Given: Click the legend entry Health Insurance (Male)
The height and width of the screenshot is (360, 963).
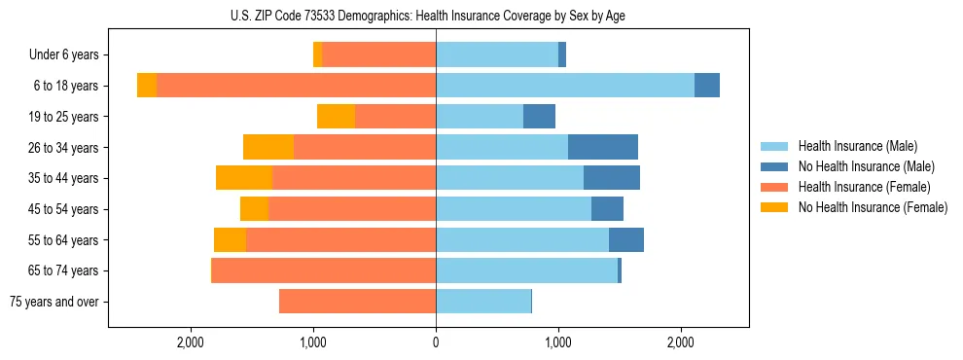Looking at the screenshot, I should click(857, 146).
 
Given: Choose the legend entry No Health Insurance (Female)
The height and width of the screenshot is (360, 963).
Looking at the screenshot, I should click(873, 207).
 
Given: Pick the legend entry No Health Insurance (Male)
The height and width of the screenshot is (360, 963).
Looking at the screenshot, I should click(866, 166).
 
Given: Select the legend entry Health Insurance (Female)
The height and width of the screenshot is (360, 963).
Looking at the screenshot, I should click(865, 187).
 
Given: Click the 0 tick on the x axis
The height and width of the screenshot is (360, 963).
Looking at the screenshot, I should click(436, 342).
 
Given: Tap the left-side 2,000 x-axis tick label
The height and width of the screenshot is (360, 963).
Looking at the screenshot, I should click(191, 342).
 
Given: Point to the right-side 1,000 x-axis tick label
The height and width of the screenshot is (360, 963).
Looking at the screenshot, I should click(558, 342).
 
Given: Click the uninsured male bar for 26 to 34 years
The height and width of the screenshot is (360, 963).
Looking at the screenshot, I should click(603, 148).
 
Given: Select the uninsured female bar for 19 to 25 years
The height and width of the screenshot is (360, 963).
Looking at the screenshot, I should click(337, 117).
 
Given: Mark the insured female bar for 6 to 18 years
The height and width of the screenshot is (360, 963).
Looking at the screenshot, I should click(296, 86).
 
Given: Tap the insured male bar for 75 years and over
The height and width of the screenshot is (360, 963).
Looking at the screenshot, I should click(483, 302).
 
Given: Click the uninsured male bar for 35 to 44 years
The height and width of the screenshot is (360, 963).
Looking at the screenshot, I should click(612, 178).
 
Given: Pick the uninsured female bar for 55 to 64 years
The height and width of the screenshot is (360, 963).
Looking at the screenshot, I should click(231, 240).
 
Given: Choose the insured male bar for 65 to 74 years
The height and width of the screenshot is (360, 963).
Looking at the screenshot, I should click(526, 270).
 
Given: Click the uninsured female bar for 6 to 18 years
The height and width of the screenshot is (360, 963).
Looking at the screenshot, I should click(147, 86).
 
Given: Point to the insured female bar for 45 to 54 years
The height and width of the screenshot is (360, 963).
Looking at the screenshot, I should click(352, 209).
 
